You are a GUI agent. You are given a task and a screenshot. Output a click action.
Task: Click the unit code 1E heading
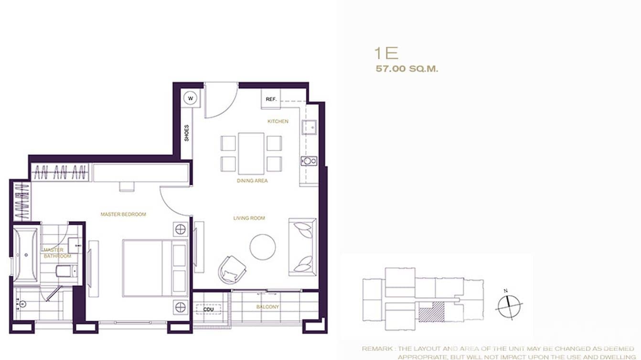pyautogui.click(x=386, y=53)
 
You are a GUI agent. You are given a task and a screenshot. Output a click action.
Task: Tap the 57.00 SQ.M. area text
pyautogui.click(x=406, y=69)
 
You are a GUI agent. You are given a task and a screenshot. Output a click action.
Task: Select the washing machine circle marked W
pyautogui.click(x=191, y=98)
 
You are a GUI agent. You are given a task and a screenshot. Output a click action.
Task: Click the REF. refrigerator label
pyautogui.click(x=271, y=99)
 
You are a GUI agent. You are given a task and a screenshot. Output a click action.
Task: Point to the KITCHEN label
pyautogui.click(x=278, y=121)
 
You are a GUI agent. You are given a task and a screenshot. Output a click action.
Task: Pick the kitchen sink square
pyautogui.click(x=309, y=127)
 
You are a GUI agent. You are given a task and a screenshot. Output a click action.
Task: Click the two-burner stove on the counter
pyautogui.click(x=309, y=161)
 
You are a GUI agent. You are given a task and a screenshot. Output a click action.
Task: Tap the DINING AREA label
pyautogui.click(x=252, y=181)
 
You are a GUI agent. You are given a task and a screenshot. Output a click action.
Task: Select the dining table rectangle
pyautogui.click(x=251, y=153)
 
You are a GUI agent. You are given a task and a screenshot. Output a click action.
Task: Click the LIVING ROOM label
pyautogui.click(x=249, y=218)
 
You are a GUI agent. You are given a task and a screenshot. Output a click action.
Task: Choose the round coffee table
pyautogui.click(x=263, y=247)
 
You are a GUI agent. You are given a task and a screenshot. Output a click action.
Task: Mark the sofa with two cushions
pyautogui.click(x=302, y=247)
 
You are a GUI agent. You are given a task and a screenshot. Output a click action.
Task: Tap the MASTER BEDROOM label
pyautogui.click(x=123, y=214)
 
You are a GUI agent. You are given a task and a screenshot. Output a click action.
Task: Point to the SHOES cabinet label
pyautogui.click(x=186, y=133)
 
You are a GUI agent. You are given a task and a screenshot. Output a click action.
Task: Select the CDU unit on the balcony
pyautogui.click(x=208, y=309)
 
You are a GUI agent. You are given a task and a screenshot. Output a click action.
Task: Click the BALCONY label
pyautogui.click(x=267, y=307)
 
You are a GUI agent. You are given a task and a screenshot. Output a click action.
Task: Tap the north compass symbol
pyautogui.click(x=509, y=304)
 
